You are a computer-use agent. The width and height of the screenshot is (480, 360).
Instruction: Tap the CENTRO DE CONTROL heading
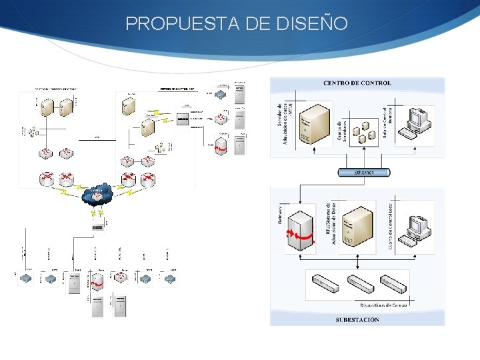pos(357,83)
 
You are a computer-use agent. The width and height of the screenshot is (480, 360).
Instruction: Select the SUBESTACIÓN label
pos(357,319)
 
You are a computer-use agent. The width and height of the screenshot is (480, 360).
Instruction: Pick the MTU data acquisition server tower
pos(314,126)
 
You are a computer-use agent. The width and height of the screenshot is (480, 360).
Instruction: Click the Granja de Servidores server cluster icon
pos(364,132)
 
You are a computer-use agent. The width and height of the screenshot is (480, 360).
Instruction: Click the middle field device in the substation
pos(361,283)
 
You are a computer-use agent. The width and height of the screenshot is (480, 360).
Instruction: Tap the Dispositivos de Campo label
pos(383,305)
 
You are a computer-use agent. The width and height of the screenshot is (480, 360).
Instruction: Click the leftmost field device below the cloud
pos(25,278)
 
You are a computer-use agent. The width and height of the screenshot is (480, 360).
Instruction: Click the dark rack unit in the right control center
pos(182,120)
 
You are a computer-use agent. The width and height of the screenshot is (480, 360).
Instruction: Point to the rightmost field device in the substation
pos(393,283)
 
